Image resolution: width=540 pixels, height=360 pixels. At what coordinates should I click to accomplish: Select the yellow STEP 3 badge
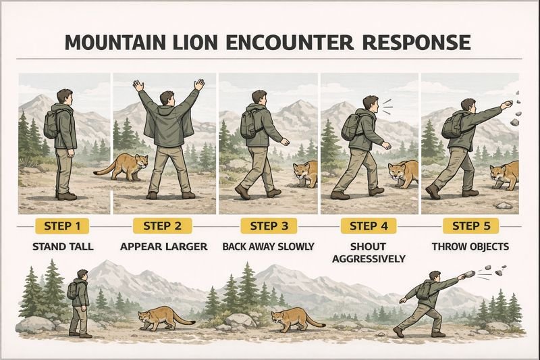coord(269,226)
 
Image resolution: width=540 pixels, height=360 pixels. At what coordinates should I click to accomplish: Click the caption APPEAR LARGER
coord(163,247)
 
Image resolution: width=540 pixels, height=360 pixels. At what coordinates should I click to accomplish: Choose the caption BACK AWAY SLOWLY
coord(269,247)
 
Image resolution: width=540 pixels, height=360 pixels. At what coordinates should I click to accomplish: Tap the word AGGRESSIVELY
coord(369,259)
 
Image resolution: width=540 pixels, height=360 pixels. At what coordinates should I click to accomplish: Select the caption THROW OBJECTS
coord(470,247)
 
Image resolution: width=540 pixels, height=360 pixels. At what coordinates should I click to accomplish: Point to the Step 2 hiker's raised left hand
coord(139,86)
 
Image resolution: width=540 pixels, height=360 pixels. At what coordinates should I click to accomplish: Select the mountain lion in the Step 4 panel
coord(402,174)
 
